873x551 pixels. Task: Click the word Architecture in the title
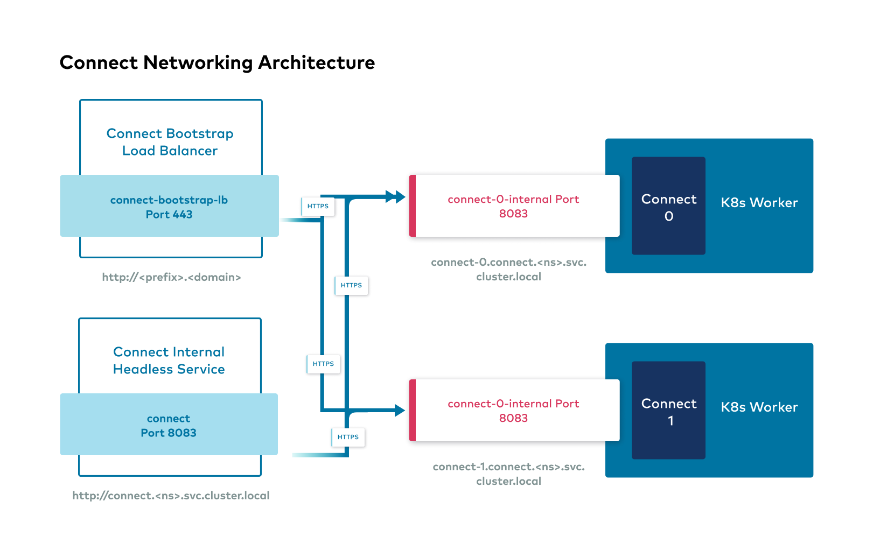pos(316,63)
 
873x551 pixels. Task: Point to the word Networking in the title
pos(198,63)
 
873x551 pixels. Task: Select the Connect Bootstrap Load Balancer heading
pos(170,142)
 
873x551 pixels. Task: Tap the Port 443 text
pos(169,215)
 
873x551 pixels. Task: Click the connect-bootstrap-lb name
pos(169,200)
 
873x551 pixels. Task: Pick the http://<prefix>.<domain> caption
pos(171,277)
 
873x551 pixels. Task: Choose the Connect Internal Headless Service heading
pos(169,361)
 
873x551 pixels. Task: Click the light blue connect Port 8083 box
pos(169,425)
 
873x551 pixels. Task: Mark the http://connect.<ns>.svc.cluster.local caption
pos(171,496)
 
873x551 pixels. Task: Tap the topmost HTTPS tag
pos(318,206)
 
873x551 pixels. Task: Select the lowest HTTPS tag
pos(348,437)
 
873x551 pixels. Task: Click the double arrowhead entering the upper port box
pos(396,197)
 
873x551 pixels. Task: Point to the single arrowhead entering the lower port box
pos(399,411)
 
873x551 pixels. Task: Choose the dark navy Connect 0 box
pos(668,206)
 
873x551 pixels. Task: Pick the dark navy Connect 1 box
pos(668,411)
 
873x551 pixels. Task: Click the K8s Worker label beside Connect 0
pos(759,203)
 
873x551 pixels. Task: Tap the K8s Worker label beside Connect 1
pos(759,407)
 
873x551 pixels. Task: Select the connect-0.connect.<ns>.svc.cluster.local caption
pos(508,270)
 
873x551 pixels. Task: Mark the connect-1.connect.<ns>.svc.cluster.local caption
pos(508,474)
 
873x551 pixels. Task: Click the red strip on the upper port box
pos(413,206)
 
